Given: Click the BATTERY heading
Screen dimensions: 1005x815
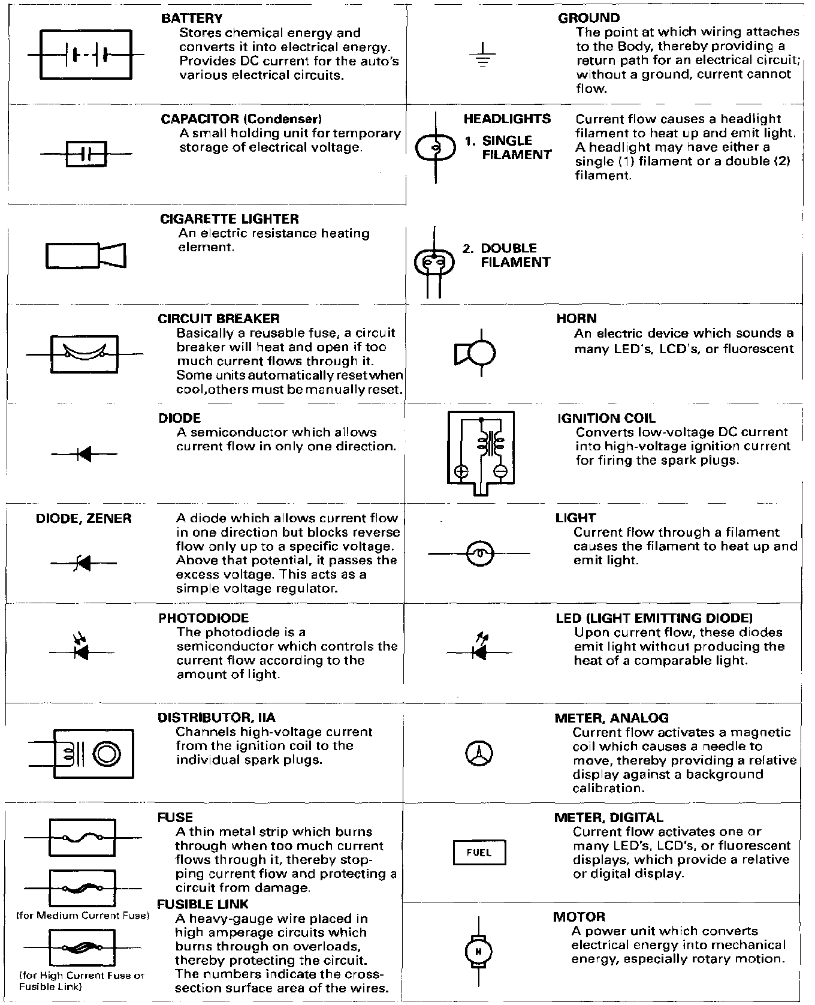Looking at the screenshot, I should click(x=192, y=19).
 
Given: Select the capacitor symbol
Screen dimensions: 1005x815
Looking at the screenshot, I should click(x=86, y=154).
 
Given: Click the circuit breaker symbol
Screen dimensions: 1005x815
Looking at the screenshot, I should click(x=84, y=354).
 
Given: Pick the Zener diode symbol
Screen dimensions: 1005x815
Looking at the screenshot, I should click(x=84, y=563).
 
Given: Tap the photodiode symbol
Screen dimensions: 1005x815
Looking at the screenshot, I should click(x=81, y=651).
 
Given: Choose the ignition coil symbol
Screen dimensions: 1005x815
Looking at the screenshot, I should click(x=481, y=453).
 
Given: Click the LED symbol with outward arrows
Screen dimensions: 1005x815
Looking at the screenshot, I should click(x=479, y=650).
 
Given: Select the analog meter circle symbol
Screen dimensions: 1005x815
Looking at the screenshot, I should click(x=479, y=753).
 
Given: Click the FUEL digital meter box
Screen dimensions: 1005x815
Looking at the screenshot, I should click(x=479, y=853).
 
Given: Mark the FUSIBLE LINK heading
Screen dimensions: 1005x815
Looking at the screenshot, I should click(x=203, y=904).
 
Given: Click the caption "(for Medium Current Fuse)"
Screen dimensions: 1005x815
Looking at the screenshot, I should click(x=81, y=916).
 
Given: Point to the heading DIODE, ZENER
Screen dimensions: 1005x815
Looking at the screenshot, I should click(x=84, y=519).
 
